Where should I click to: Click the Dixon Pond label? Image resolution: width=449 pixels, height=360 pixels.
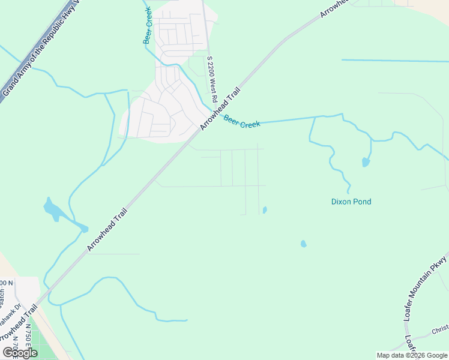(351, 202)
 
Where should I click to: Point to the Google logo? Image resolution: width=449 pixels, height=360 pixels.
(20, 353)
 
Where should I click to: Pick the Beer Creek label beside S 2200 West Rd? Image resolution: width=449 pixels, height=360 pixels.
(242, 122)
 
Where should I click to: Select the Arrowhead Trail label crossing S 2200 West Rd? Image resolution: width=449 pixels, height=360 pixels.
(220, 109)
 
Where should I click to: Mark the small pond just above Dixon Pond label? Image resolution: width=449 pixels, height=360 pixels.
(366, 162)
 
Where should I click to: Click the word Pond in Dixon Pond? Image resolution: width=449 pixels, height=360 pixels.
(362, 202)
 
